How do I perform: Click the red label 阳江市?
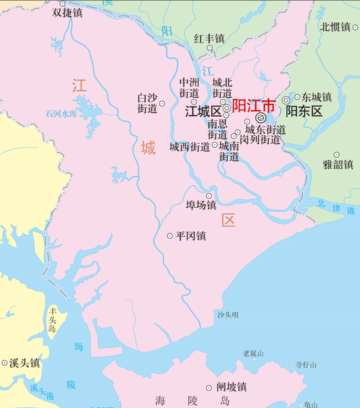tap(254, 106)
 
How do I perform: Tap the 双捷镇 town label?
tap(67, 13)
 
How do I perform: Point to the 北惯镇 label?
tap(335, 27)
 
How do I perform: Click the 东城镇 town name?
tap(316, 97)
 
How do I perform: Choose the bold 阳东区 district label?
tap(304, 111)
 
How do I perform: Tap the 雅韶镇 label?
tap(338, 164)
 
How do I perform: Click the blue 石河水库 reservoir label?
tap(61, 114)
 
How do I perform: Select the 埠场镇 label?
tap(201, 205)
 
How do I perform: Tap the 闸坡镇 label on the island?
tap(231, 387)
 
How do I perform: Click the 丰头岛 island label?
tap(52, 321)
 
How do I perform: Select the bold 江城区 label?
tap(203, 111)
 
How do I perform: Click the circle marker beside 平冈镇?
tap(170, 236)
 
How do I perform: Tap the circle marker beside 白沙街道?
tap(162, 104)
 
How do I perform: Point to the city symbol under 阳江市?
tap(260, 118)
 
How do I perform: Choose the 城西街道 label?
tap(189, 147)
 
